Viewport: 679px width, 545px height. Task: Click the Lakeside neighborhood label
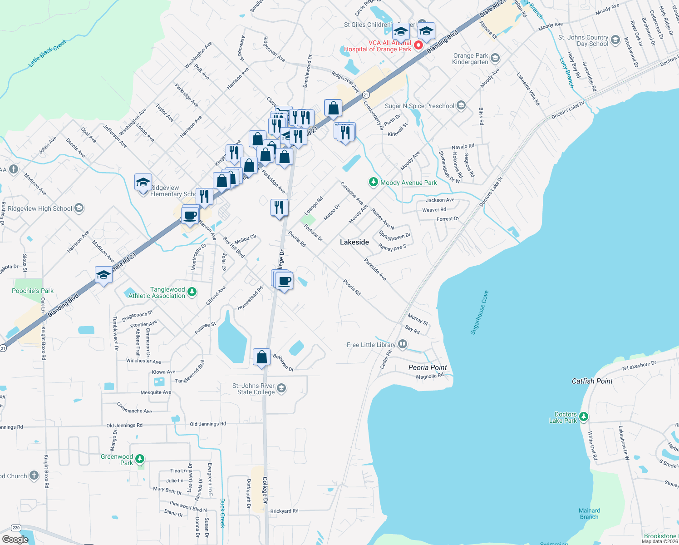click(354, 242)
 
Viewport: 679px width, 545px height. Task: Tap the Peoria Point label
click(428, 367)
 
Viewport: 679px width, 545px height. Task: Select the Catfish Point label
click(592, 381)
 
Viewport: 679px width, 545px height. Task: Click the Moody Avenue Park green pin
click(373, 182)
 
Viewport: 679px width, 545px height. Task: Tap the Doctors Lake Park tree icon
click(584, 416)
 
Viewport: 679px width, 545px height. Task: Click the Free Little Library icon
click(403, 344)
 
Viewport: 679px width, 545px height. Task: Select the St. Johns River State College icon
click(281, 388)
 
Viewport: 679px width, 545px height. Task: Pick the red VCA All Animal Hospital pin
click(418, 45)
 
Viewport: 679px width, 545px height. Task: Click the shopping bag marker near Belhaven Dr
click(262, 357)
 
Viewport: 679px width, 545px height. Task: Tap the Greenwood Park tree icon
click(140, 459)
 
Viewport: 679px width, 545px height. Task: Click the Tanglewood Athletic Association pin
click(192, 292)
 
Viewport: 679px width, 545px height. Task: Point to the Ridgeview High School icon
click(79, 208)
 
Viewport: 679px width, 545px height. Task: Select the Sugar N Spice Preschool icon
click(461, 106)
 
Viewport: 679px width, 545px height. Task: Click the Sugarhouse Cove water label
click(479, 312)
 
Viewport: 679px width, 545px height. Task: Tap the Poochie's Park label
click(33, 291)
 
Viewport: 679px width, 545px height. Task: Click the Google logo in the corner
click(15, 539)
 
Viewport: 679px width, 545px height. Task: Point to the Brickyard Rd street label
click(284, 511)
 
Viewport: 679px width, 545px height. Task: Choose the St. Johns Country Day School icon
click(615, 40)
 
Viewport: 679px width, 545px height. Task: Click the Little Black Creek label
click(47, 53)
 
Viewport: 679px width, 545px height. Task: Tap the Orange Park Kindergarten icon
click(495, 58)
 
